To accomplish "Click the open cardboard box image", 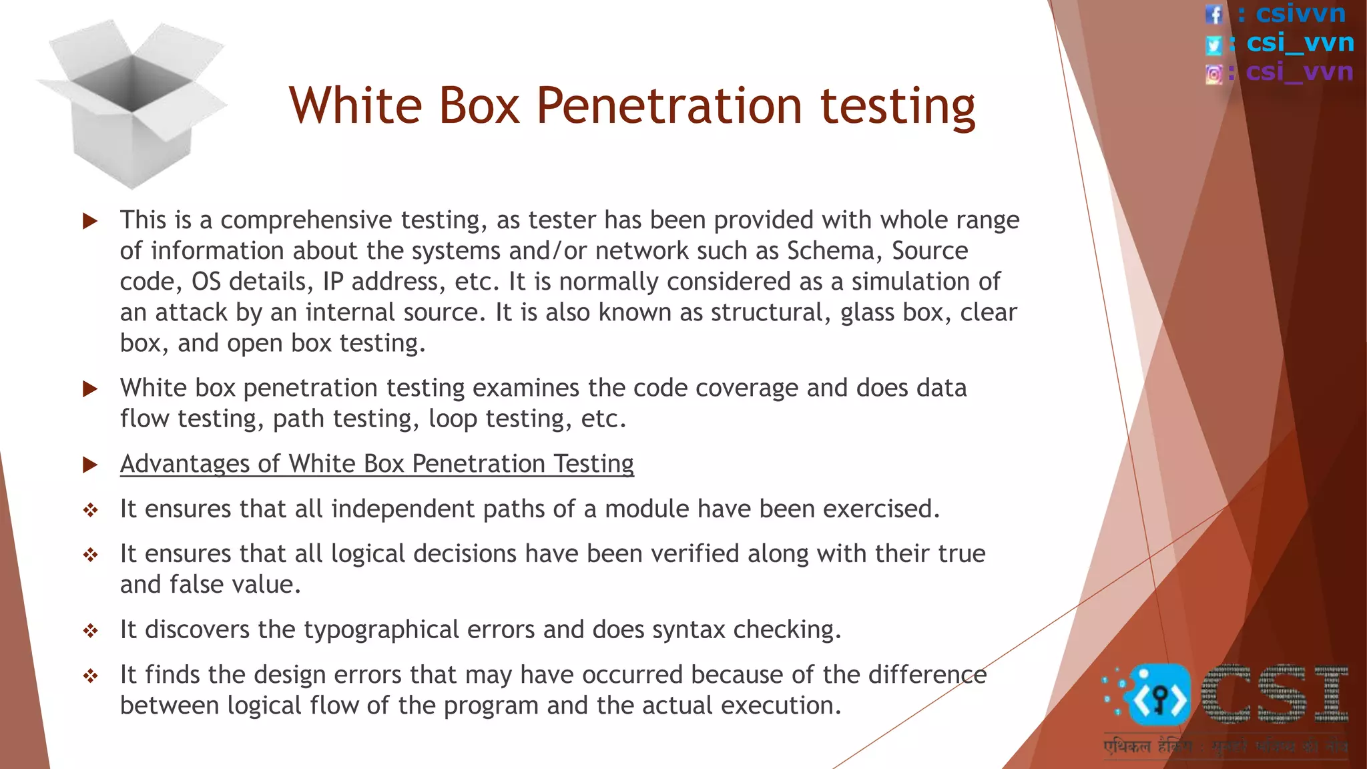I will (x=131, y=103).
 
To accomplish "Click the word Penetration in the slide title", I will (x=669, y=106).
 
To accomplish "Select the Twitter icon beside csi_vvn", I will (x=1213, y=45).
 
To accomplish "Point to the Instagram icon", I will (x=1213, y=73).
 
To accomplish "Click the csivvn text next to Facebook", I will (x=1300, y=14).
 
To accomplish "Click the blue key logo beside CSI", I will (x=1157, y=696).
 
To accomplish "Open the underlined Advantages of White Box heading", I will (x=376, y=464).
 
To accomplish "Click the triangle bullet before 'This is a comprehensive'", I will (x=90, y=221).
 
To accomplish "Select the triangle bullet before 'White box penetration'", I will (x=90, y=389).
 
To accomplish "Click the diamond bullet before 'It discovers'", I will (x=90, y=631).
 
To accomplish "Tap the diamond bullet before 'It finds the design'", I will (x=90, y=676).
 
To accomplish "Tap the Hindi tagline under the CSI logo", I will (x=1225, y=746).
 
